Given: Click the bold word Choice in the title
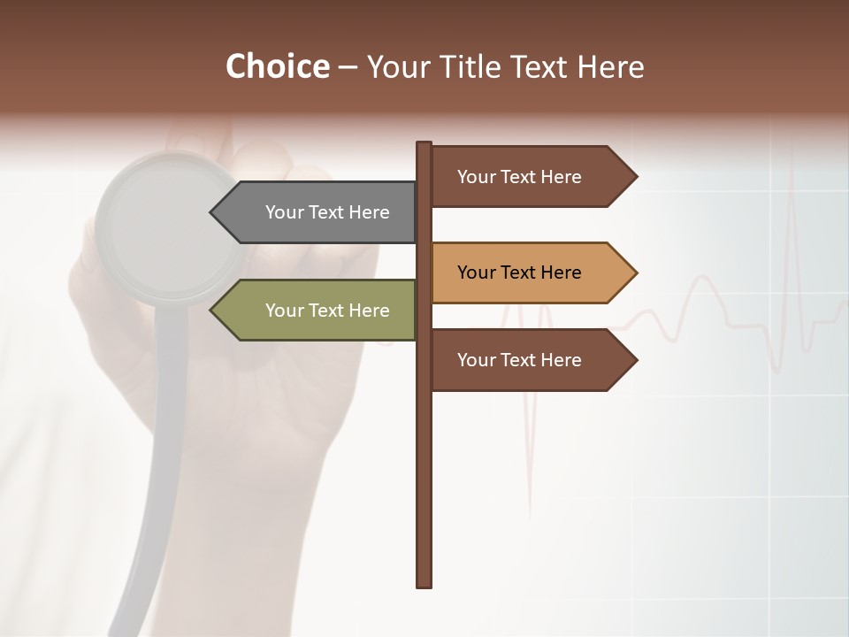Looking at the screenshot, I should [277, 66].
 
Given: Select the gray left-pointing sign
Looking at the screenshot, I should [318, 212].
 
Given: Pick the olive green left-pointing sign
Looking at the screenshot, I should [318, 311].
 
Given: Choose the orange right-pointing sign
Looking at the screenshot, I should [526, 272].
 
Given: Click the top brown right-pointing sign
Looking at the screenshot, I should [526, 177].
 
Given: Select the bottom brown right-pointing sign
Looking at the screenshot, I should [526, 360].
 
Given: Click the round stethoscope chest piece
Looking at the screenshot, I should [168, 226].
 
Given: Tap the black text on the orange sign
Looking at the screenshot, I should [519, 272].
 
